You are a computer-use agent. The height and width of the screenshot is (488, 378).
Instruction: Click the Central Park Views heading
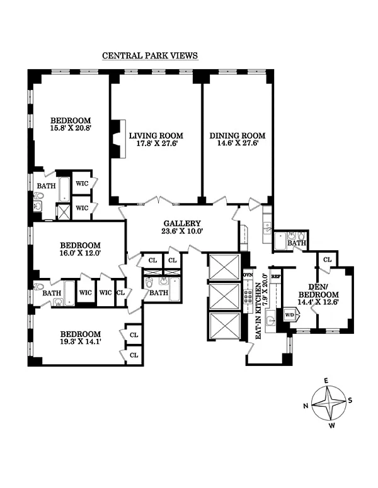pos(150,55)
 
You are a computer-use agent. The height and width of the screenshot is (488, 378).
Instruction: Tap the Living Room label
pos(156,136)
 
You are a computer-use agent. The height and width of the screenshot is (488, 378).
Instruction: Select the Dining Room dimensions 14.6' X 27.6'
pos(238,143)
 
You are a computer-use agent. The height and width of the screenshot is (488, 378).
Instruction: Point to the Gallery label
pos(182,223)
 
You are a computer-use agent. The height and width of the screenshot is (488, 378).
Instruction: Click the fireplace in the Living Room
pos(118,139)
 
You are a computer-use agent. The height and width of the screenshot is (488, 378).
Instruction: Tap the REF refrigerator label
pos(276,276)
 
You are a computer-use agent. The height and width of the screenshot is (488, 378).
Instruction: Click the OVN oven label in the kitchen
pos(248,275)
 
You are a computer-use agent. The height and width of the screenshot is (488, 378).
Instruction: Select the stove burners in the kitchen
pos(248,297)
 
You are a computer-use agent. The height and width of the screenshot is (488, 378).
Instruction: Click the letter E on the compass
pos(326,380)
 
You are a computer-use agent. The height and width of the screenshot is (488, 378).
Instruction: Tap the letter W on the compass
pos(332,426)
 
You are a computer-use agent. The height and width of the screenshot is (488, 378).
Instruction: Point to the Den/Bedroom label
pos(318,291)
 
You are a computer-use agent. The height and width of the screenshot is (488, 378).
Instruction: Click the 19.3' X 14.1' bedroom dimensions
pos(81,341)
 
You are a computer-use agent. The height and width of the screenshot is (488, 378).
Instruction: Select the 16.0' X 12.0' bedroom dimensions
pos(81,253)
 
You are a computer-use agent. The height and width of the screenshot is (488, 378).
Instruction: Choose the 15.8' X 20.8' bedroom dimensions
pos(71,128)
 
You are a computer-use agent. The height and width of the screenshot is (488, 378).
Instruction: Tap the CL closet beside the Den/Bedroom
pos(327,259)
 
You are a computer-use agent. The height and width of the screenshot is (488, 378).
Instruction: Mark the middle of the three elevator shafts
pos(224,297)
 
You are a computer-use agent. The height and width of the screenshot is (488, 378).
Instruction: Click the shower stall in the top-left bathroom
pos(64,211)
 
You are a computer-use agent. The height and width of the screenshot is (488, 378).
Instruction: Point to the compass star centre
pos(329,402)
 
